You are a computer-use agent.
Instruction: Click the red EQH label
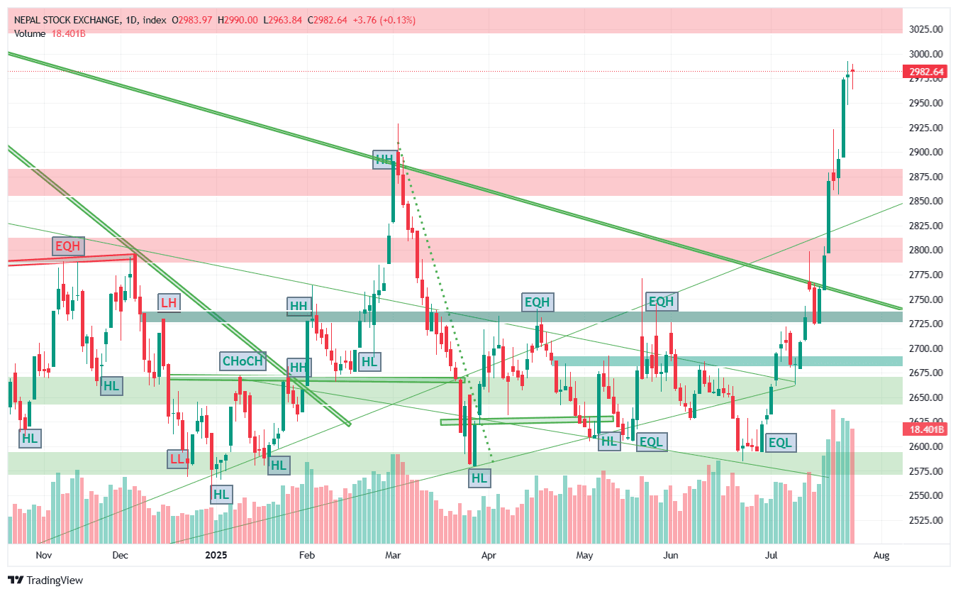point(68,246)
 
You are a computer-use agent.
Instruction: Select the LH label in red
point(169,302)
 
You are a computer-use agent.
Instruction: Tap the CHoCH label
point(243,361)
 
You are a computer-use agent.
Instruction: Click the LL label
point(177,458)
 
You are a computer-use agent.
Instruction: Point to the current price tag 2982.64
point(924,72)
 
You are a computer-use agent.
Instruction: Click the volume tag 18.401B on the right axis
point(924,429)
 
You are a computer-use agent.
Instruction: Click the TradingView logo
point(45,580)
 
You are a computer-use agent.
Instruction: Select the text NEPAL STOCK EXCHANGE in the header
point(67,20)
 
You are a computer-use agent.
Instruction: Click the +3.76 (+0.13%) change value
point(386,20)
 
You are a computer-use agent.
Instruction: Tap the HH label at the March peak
point(384,159)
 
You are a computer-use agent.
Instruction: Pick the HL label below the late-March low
point(479,478)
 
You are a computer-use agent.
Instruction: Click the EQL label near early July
point(780,444)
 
